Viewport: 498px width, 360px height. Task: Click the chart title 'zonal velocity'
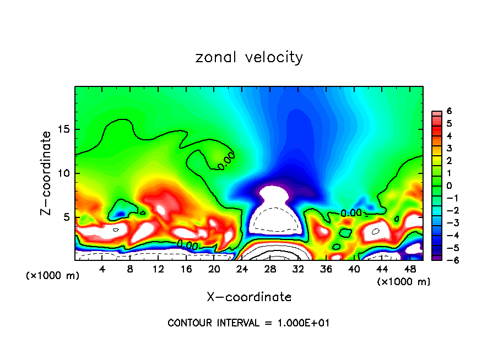(x=249, y=57)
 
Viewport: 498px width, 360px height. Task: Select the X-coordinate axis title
(x=249, y=297)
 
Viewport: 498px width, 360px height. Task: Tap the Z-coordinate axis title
(x=47, y=173)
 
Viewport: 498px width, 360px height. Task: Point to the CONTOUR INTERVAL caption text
(x=249, y=323)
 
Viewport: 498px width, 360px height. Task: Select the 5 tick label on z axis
(x=66, y=217)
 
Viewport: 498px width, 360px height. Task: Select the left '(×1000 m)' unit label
(x=53, y=276)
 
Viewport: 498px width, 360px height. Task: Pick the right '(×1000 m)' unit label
(x=403, y=282)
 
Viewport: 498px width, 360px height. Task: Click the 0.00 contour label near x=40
(x=351, y=212)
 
